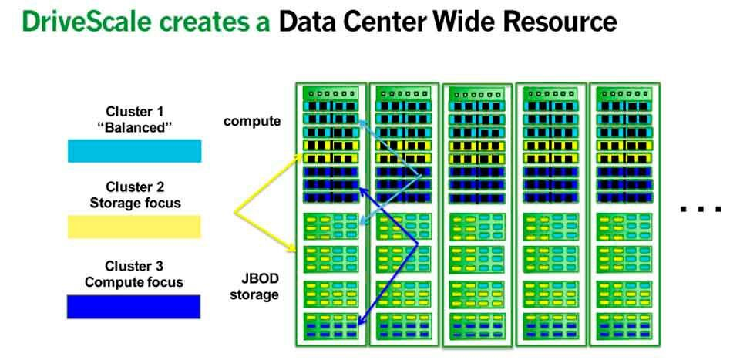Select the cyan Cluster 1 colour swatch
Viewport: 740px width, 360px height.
pos(134,150)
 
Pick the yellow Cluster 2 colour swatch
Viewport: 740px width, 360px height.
pos(134,226)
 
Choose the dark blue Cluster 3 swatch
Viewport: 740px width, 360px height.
pos(134,307)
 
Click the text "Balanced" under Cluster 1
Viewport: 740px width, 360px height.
pos(135,128)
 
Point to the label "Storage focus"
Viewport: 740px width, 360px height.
pos(135,203)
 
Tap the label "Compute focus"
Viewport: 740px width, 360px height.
pos(135,281)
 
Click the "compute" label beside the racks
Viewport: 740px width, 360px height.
pos(252,121)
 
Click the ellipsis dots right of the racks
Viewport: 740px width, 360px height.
pos(701,208)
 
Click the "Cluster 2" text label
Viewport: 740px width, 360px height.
pos(135,187)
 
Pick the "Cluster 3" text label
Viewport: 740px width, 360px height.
pos(135,265)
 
